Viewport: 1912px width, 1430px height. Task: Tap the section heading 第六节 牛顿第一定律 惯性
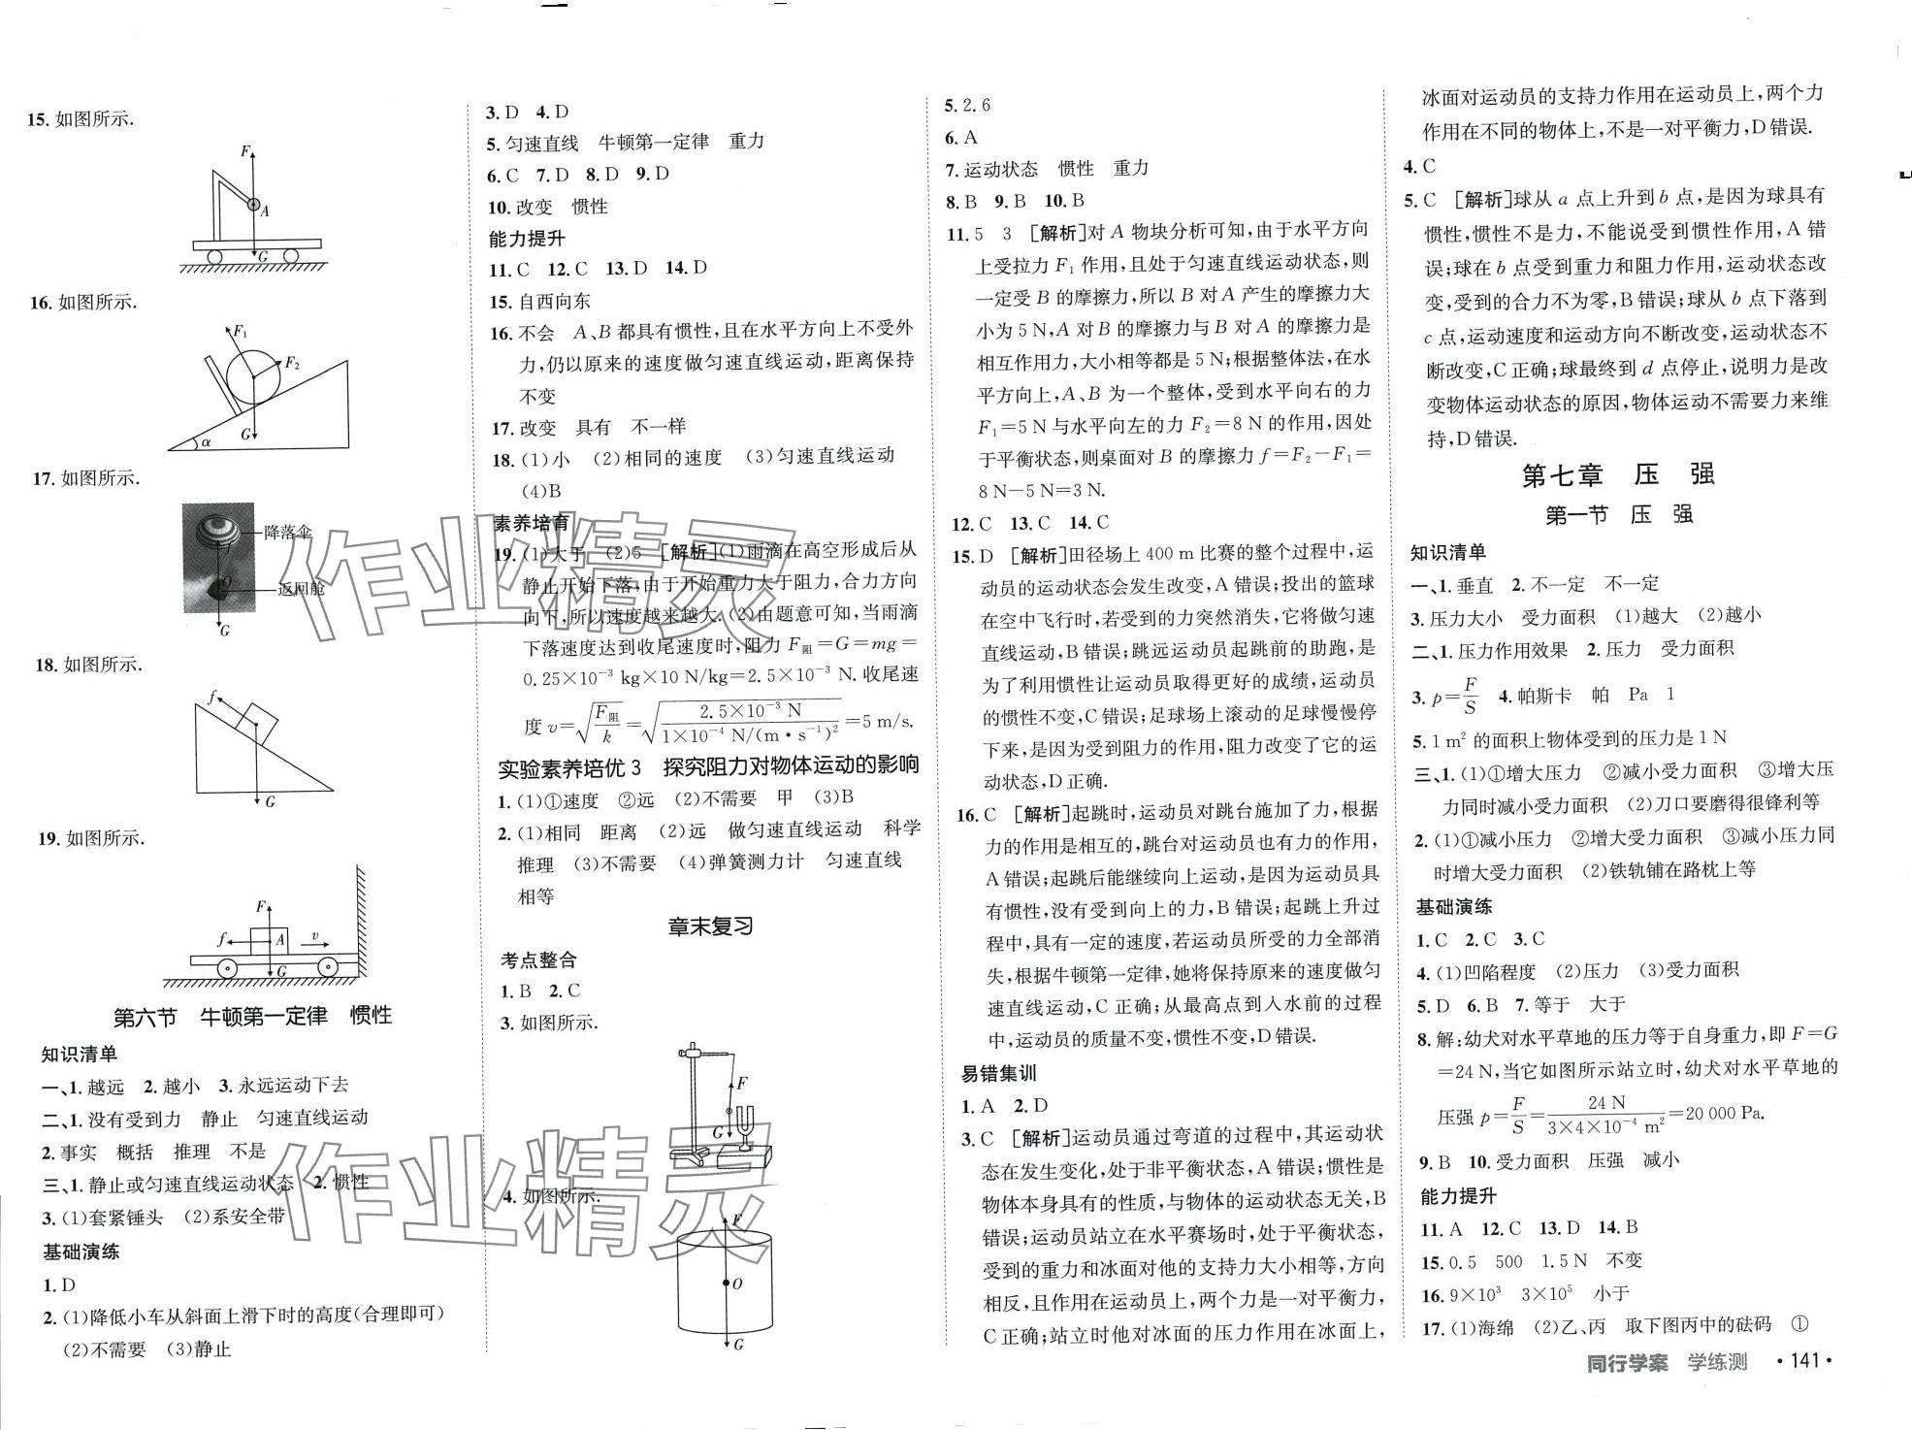tap(253, 1017)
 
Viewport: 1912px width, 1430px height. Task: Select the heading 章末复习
tap(711, 926)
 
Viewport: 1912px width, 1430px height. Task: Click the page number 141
tap(1803, 1361)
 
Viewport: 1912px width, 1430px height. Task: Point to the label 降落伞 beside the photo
tap(288, 532)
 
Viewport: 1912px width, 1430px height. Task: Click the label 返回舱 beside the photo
tap(301, 588)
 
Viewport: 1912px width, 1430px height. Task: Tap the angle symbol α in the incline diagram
tap(206, 441)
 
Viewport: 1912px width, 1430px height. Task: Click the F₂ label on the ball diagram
tap(291, 364)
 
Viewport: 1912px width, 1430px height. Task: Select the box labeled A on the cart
tap(269, 940)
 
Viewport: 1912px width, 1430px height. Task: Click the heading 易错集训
tap(998, 1074)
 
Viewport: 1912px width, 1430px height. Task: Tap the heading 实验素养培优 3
tap(569, 767)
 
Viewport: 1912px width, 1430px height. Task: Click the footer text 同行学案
tap(1627, 1362)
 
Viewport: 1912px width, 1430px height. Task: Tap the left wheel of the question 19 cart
tap(225, 968)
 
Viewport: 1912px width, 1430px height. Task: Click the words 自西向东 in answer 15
tap(555, 301)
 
